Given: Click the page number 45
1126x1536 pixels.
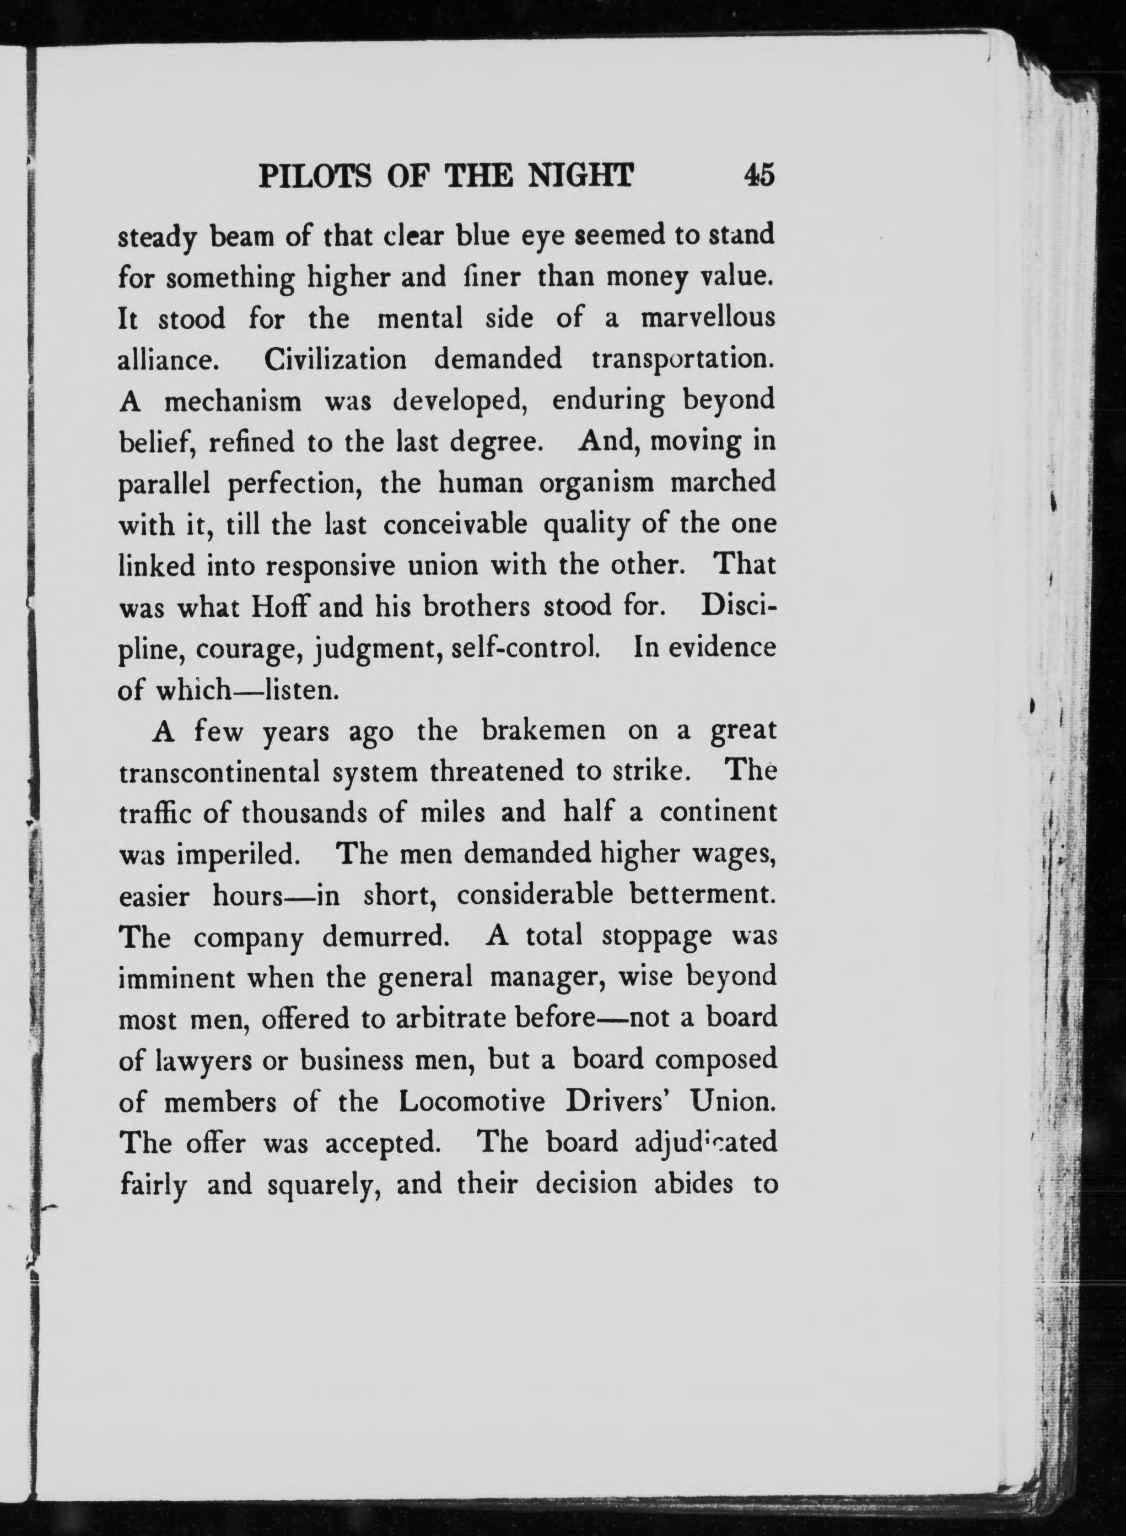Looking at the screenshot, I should coord(759,176).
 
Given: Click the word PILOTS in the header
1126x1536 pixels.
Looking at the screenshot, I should coord(315,176).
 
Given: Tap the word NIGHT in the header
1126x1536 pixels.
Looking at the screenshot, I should coord(581,176).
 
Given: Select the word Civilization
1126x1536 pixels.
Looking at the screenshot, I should coord(335,359).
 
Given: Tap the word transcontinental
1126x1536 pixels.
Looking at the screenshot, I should coord(219,773).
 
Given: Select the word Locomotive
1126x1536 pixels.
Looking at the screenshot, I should coord(472,1101).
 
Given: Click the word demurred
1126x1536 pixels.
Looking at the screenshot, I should coord(386,937).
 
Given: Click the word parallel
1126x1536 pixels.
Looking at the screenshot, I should coord(163,483).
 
